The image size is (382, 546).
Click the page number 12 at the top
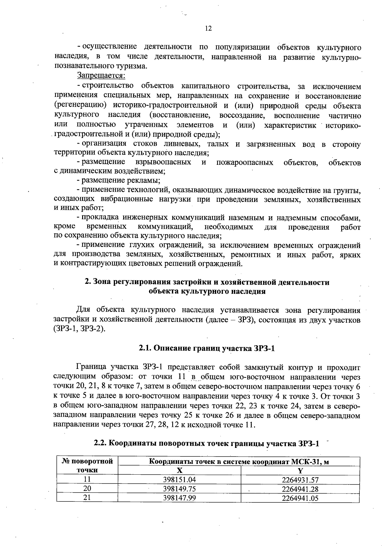[x=208, y=29]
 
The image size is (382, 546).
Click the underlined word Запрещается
[x=101, y=76]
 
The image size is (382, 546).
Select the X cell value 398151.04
[x=179, y=480]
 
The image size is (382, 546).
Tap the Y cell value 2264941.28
[x=300, y=489]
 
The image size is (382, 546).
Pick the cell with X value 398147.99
[x=179, y=498]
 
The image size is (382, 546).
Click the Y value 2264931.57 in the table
[x=300, y=480]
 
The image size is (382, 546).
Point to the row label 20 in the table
[x=87, y=489]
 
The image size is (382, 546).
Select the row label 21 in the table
[x=87, y=498]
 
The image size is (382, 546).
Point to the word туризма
[x=134, y=67]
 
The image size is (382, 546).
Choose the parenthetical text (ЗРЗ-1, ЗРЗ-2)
[x=79, y=329]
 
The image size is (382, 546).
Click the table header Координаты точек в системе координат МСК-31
[x=239, y=462]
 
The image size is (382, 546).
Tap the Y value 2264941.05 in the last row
[x=300, y=498]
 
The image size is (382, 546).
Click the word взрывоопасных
[x=163, y=162]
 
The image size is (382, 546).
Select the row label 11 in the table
[x=87, y=480]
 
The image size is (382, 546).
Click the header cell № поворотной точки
[x=87, y=465]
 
